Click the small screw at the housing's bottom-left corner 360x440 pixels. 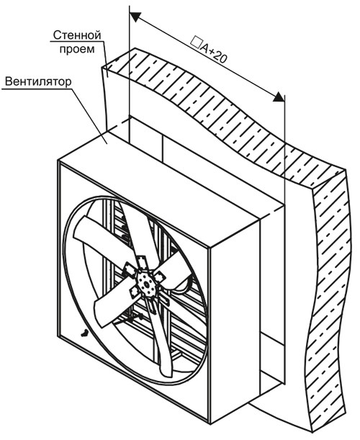[85, 333]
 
